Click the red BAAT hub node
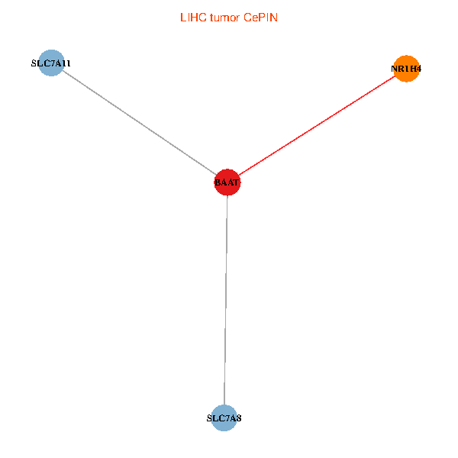click(x=227, y=182)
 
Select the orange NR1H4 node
click(x=406, y=69)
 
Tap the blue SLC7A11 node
click(x=50, y=63)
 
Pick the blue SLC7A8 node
click(x=224, y=418)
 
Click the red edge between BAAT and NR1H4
click(x=317, y=125)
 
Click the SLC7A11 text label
click(x=50, y=63)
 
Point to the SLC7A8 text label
click(x=224, y=418)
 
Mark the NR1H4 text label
click(x=406, y=69)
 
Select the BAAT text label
click(x=227, y=183)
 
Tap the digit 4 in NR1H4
click(x=418, y=69)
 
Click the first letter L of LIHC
click(x=182, y=17)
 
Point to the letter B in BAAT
click(x=218, y=183)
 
